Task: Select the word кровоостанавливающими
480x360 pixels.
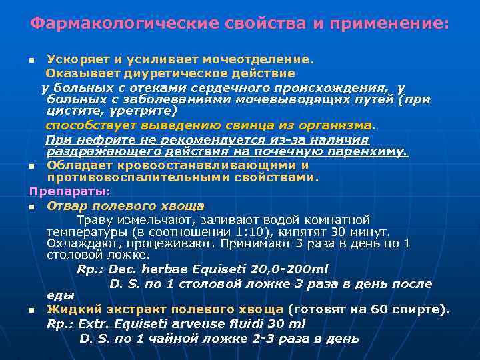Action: pos(201,165)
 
